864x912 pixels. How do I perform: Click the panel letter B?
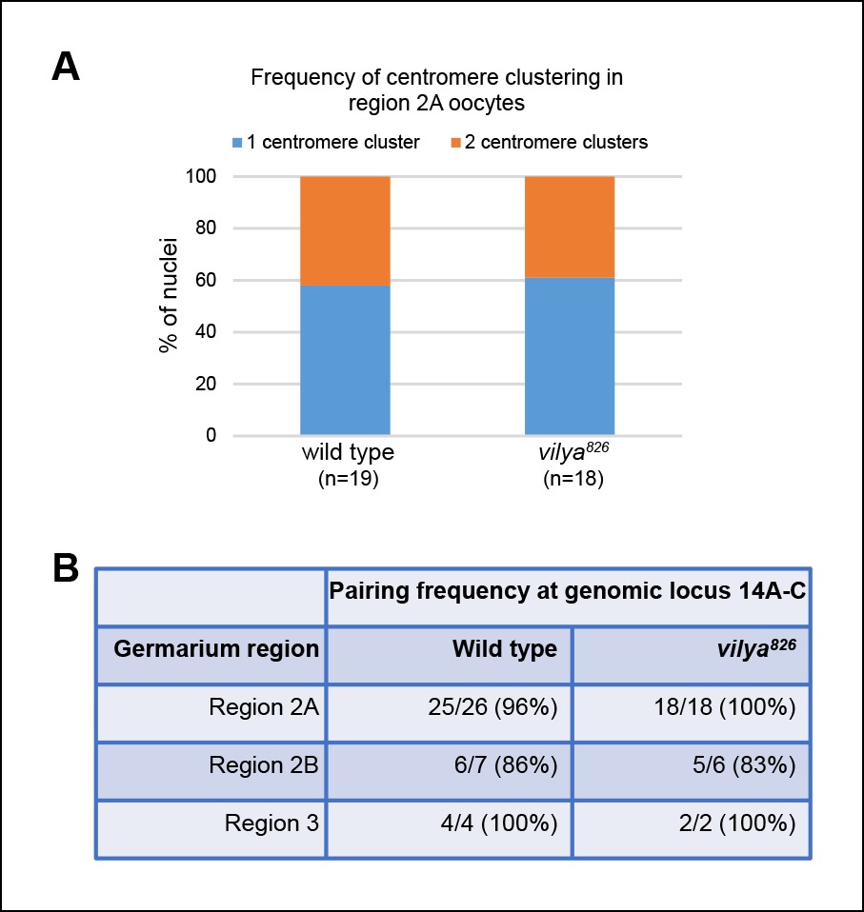pyautogui.click(x=66, y=570)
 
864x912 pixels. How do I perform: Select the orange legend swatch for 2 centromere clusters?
pyautogui.click(x=457, y=143)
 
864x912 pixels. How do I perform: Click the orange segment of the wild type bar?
pyautogui.click(x=345, y=230)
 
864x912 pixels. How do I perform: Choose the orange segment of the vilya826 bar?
pyautogui.click(x=570, y=227)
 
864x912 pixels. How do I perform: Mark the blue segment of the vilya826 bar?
pyautogui.click(x=570, y=356)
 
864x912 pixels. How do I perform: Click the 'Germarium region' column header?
pyautogui.click(x=216, y=650)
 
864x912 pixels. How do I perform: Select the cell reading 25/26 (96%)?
pyautogui.click(x=494, y=709)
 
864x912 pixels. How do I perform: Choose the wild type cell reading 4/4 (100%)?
pyautogui.click(x=494, y=822)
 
